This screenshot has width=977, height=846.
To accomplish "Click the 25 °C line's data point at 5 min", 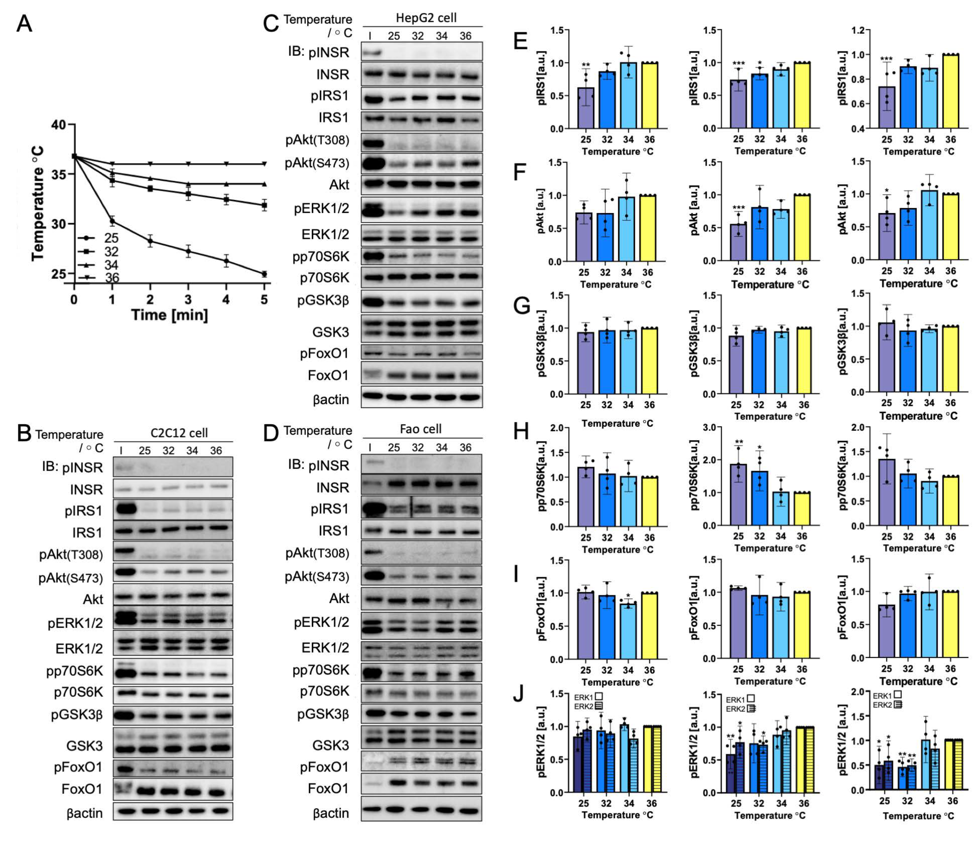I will [x=264, y=274].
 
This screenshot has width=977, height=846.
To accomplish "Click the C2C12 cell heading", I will [x=179, y=433].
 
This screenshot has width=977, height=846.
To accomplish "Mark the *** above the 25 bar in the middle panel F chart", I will [x=738, y=208].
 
